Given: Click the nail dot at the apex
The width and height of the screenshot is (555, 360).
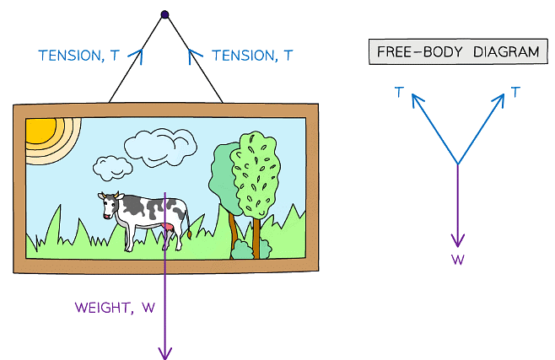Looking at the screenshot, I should coord(165,14).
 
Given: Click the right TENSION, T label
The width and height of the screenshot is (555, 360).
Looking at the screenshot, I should coord(252,56).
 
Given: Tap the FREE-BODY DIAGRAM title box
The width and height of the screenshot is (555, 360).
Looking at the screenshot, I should coord(456,52).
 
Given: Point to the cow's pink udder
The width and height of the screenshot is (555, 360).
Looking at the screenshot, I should coord(171,228).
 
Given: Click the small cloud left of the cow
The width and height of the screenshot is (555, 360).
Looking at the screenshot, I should coord(111,166).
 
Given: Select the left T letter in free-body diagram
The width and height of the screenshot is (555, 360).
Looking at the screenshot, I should coord(398,91).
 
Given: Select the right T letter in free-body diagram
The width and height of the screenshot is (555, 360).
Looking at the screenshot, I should coord(515,91).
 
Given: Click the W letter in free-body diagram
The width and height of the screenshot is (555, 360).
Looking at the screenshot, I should coord(458,260).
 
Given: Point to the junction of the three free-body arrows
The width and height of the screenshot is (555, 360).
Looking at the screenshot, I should coord(458,164).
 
